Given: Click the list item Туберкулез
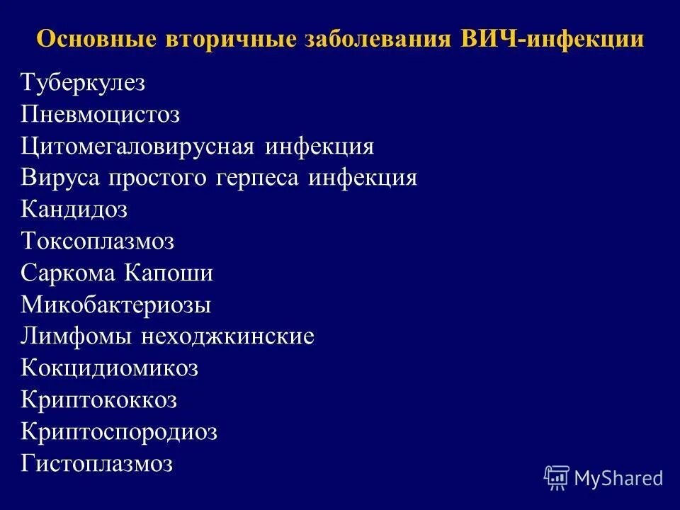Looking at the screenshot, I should point(83,84).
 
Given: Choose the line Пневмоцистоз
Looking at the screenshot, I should point(101,115).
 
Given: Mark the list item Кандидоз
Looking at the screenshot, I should point(74,210).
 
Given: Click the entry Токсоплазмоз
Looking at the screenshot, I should point(97,242).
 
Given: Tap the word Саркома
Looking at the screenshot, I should point(69,274).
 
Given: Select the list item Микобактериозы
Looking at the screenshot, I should point(116,305).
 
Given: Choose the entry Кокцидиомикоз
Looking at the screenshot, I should point(110,369).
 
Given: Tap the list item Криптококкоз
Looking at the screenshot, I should point(99,401).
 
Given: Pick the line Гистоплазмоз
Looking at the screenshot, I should point(97,465).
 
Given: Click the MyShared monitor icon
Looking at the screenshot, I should point(556,477).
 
